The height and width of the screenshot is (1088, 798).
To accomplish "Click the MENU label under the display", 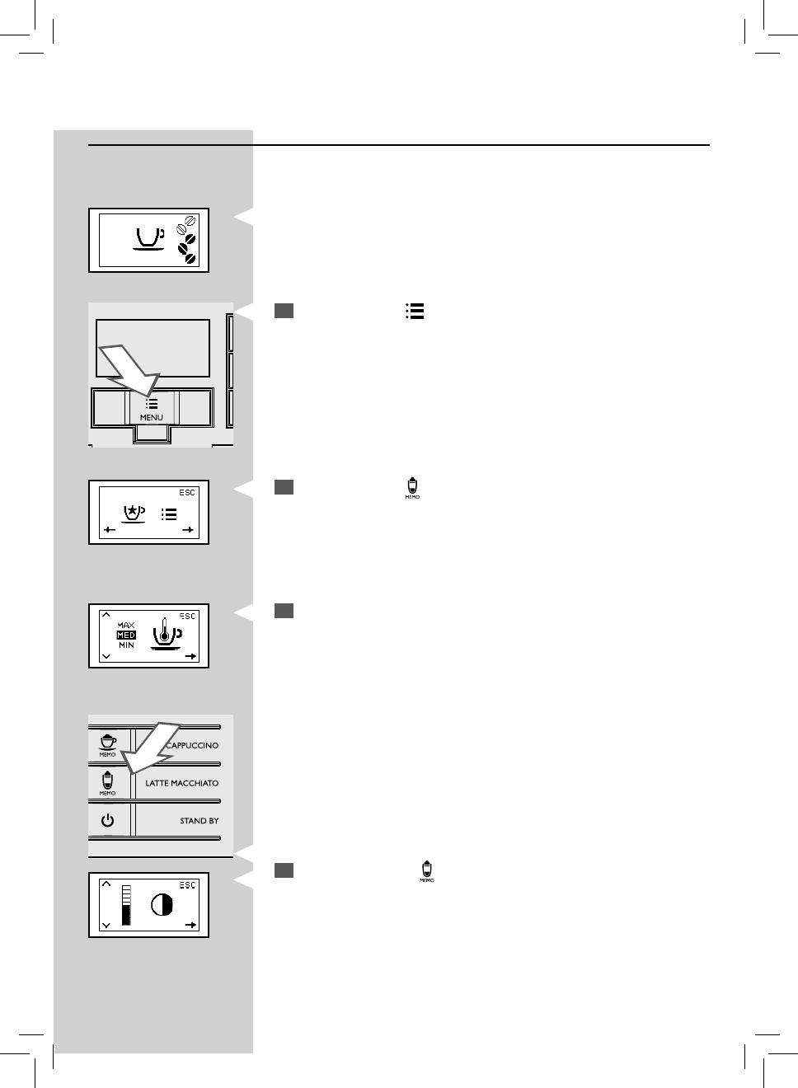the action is [x=152, y=418].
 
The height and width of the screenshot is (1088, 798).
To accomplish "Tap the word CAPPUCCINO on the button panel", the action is [x=193, y=745].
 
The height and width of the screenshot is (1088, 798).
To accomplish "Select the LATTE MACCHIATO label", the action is [x=182, y=783].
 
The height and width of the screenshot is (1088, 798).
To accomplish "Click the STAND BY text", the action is [x=199, y=821].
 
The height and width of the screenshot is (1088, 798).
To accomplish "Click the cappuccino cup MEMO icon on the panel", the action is [x=108, y=743].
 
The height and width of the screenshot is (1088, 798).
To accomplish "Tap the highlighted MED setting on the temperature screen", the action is [x=126, y=635].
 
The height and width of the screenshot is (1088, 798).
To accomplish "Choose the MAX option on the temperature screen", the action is [x=126, y=626].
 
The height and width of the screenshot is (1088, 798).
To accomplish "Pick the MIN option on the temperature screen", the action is [x=126, y=645].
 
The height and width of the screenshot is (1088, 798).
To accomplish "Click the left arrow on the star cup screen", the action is [x=110, y=530].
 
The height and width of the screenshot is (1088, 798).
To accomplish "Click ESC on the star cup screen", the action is [x=188, y=493].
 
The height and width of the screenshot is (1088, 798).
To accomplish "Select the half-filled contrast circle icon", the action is [x=162, y=906].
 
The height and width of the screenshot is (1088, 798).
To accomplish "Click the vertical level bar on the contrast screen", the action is [x=126, y=906].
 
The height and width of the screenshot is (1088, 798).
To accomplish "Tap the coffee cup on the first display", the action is [x=148, y=238].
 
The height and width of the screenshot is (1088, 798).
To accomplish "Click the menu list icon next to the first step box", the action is [x=415, y=311].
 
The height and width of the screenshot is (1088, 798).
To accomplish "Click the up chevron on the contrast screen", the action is [x=106, y=885].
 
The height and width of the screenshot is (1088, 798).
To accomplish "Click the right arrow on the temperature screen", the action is [x=190, y=657].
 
